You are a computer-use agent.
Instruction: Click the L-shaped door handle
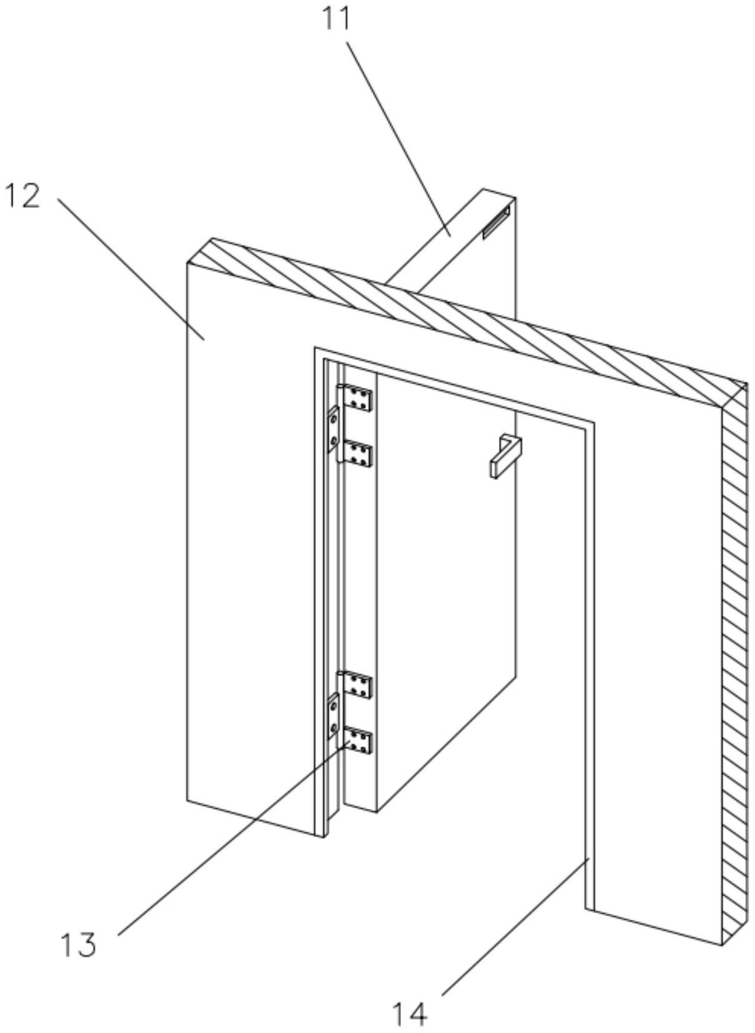click(505, 456)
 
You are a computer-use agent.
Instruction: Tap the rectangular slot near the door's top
click(496, 223)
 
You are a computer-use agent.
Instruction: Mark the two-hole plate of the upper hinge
click(333, 429)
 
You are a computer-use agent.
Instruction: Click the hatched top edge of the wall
click(466, 323)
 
